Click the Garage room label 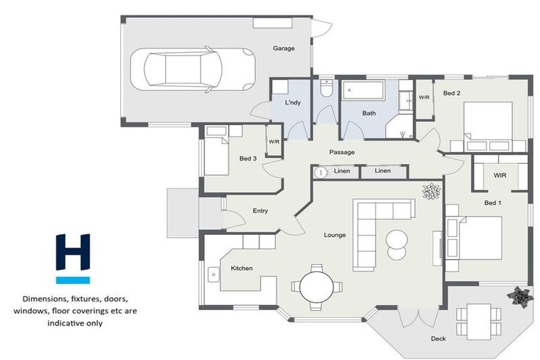pyautogui.click(x=284, y=49)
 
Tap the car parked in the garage pyautogui.click(x=193, y=70)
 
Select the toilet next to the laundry pyautogui.click(x=326, y=88)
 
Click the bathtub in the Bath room pyautogui.click(x=364, y=90)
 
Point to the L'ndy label pyautogui.click(x=292, y=103)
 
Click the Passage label pyautogui.click(x=342, y=153)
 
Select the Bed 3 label pyautogui.click(x=248, y=158)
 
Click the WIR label pyautogui.click(x=500, y=175)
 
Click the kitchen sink pyautogui.click(x=214, y=274)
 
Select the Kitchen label pyautogui.click(x=242, y=268)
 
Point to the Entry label pyautogui.click(x=260, y=211)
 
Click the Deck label pyautogui.click(x=439, y=339)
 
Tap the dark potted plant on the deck pyautogui.click(x=517, y=296)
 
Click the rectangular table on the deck pyautogui.click(x=479, y=321)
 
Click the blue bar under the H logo pyautogui.click(x=73, y=280)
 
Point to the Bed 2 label pyautogui.click(x=451, y=93)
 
